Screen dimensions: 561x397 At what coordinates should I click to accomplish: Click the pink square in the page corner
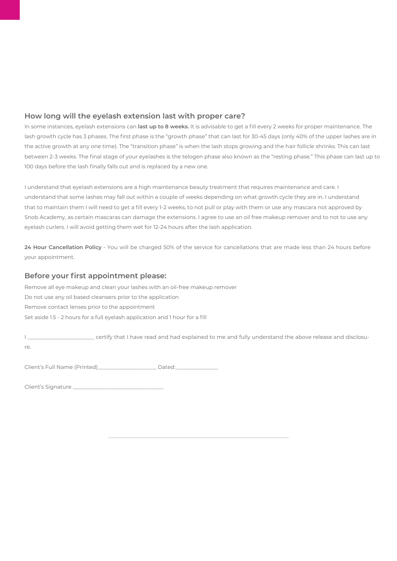point(9,9)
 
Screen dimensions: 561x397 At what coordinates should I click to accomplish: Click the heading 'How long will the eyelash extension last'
point(134,116)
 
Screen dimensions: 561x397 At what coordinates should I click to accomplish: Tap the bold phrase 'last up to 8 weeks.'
point(163,127)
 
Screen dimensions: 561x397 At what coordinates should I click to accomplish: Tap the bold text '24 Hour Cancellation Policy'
point(63,247)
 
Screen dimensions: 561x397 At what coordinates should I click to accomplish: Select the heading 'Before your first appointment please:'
point(95,276)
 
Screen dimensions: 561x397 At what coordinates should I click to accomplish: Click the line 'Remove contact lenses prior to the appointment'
point(89,307)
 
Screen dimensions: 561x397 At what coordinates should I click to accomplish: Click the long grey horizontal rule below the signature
point(198,437)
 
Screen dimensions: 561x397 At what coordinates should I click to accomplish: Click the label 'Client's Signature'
point(48,387)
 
